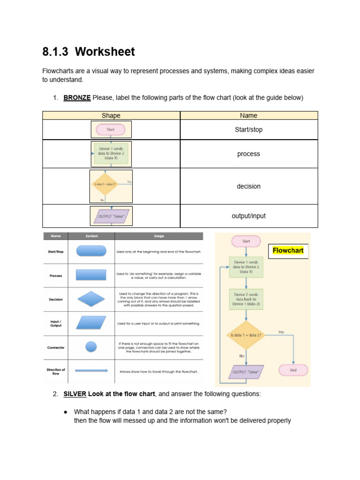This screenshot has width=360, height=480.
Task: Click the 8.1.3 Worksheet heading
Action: [x=89, y=52]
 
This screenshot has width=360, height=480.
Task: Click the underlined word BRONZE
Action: [x=77, y=97]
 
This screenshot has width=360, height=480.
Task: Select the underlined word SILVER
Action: [x=75, y=394]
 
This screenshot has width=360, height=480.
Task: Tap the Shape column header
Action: [x=111, y=115]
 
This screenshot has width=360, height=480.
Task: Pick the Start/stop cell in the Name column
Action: [x=248, y=130]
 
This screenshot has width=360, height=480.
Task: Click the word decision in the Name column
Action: [x=248, y=186]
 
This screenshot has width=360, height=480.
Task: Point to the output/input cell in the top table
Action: [x=248, y=216]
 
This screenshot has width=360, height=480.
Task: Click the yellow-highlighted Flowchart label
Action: [x=288, y=250]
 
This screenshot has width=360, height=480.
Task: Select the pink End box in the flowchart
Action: [x=293, y=370]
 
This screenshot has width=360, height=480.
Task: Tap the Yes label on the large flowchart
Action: [x=281, y=332]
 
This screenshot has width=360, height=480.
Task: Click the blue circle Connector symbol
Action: [x=91, y=347]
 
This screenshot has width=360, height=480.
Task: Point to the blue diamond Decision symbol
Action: [x=91, y=299]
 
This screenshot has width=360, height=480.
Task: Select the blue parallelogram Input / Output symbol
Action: [x=91, y=323]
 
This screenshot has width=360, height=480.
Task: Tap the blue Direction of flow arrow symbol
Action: [x=91, y=371]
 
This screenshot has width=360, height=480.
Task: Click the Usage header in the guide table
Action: [x=159, y=236]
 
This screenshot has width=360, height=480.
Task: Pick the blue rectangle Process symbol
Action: [x=91, y=276]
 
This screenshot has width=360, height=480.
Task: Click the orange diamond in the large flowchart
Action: [x=246, y=335]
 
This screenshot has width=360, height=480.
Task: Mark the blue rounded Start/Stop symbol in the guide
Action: [x=91, y=251]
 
